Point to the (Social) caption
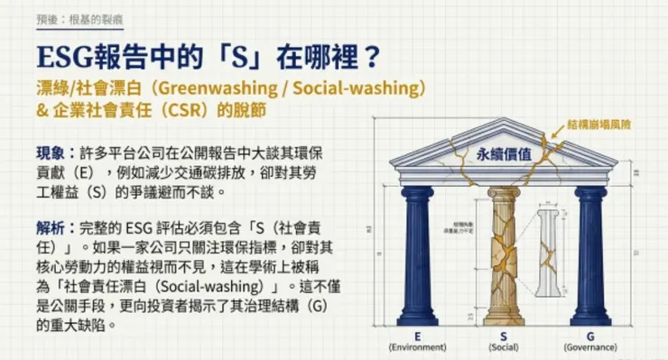504,346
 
